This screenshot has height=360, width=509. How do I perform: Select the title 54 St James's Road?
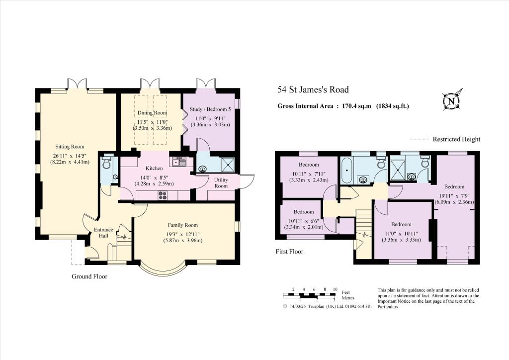[313, 90]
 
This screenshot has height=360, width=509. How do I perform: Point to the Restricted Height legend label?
[456, 139]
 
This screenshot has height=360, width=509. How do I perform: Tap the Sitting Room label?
[70, 147]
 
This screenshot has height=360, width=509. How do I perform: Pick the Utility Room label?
[221, 182]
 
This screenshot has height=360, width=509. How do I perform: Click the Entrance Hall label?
[104, 232]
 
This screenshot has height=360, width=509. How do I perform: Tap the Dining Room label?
[152, 113]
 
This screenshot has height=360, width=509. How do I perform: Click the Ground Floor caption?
[90, 276]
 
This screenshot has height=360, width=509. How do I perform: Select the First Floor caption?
[289, 252]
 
